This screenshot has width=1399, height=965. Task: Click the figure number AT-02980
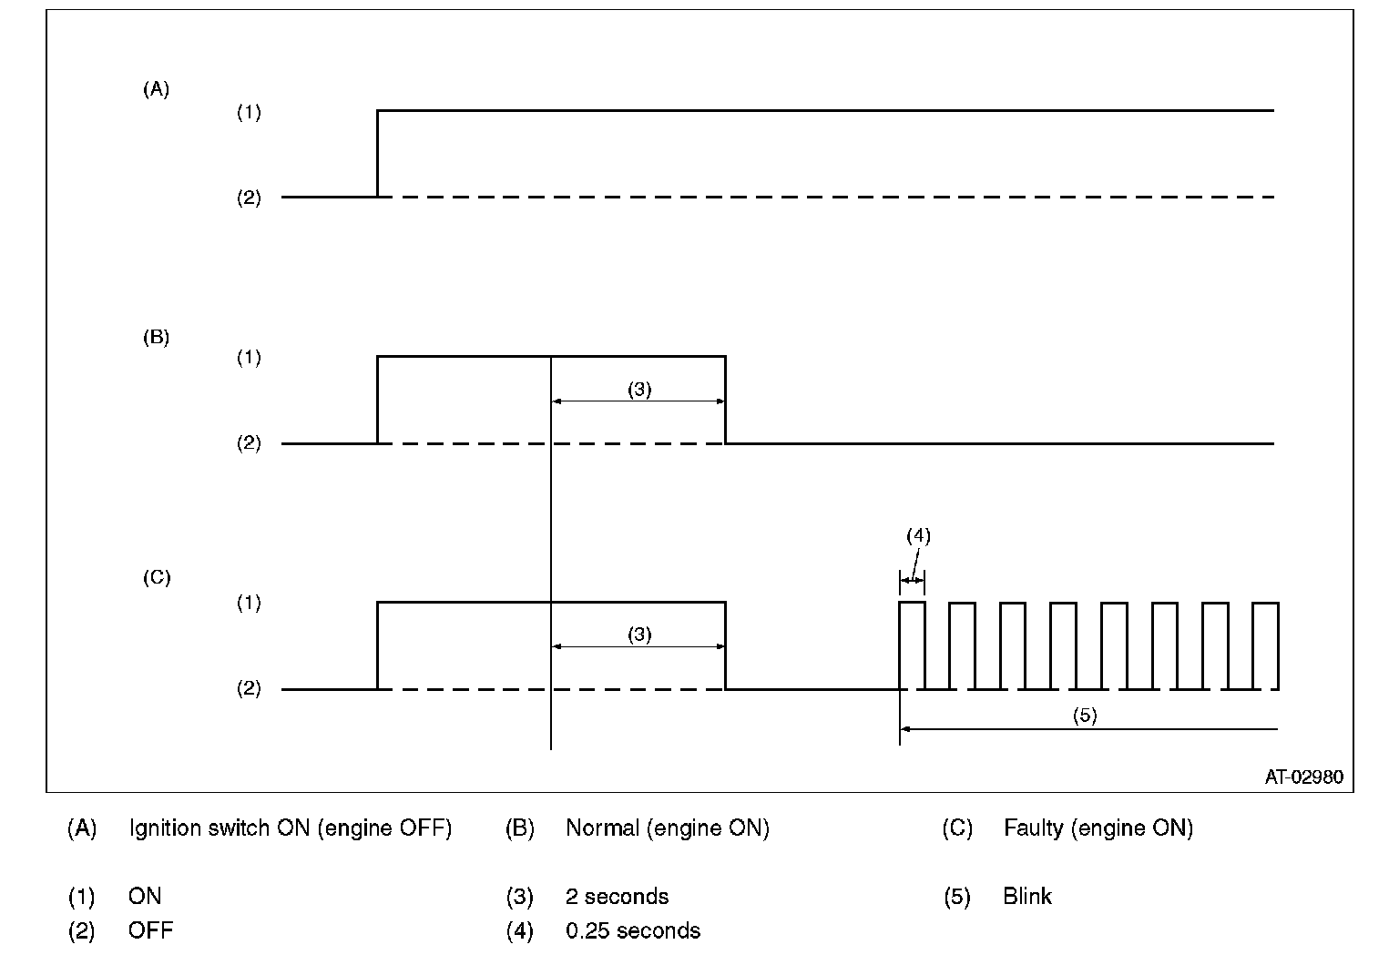(x=1303, y=777)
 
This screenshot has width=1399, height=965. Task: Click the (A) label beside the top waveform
(x=156, y=89)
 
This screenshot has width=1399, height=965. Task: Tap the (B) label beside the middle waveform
(x=156, y=337)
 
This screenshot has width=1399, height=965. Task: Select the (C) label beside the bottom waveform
(x=157, y=577)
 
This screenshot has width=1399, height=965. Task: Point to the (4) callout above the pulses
(x=918, y=536)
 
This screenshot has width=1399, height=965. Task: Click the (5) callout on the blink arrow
(x=1084, y=716)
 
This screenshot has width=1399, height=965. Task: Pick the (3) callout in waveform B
(x=639, y=390)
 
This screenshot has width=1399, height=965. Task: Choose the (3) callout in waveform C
(x=639, y=635)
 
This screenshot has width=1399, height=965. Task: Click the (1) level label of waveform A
(x=249, y=112)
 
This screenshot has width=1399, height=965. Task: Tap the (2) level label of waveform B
(x=249, y=443)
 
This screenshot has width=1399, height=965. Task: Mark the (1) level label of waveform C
(x=249, y=603)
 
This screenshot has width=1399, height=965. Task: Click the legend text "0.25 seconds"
(x=633, y=931)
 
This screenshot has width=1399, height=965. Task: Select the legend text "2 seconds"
(x=617, y=897)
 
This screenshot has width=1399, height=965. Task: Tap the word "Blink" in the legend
(x=1027, y=897)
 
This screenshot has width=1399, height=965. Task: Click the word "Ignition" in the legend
(x=168, y=828)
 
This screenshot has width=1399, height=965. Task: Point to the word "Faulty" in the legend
(x=1033, y=828)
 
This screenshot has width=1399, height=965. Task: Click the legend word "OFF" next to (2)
(x=150, y=931)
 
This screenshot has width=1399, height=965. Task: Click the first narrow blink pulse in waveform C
(x=912, y=645)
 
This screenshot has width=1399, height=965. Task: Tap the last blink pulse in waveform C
(x=1266, y=645)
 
